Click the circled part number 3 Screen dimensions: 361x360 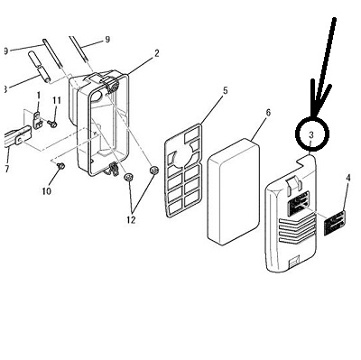[x=311, y=135]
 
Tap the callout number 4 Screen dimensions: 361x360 [x=348, y=178]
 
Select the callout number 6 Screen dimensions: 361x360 [x=268, y=113]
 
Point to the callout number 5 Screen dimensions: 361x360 [x=226, y=90]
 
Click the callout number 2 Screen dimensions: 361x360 [x=157, y=53]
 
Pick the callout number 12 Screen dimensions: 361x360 [x=131, y=220]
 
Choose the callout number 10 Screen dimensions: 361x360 [x=46, y=190]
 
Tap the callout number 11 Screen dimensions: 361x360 [x=57, y=100]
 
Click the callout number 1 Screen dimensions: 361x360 [x=38, y=96]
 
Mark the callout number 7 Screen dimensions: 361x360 [x=7, y=169]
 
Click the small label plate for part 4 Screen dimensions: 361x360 [x=335, y=223]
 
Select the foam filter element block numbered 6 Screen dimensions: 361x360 [x=234, y=191]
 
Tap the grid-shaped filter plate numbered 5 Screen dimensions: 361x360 [x=183, y=171]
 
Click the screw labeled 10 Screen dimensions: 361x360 [x=61, y=165]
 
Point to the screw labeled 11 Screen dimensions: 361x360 [x=52, y=124]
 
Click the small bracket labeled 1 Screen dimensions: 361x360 [x=38, y=120]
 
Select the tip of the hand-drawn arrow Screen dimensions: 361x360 [x=315, y=115]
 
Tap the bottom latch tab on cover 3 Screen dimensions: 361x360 [x=292, y=262]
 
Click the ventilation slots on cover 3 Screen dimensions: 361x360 [x=297, y=231]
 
